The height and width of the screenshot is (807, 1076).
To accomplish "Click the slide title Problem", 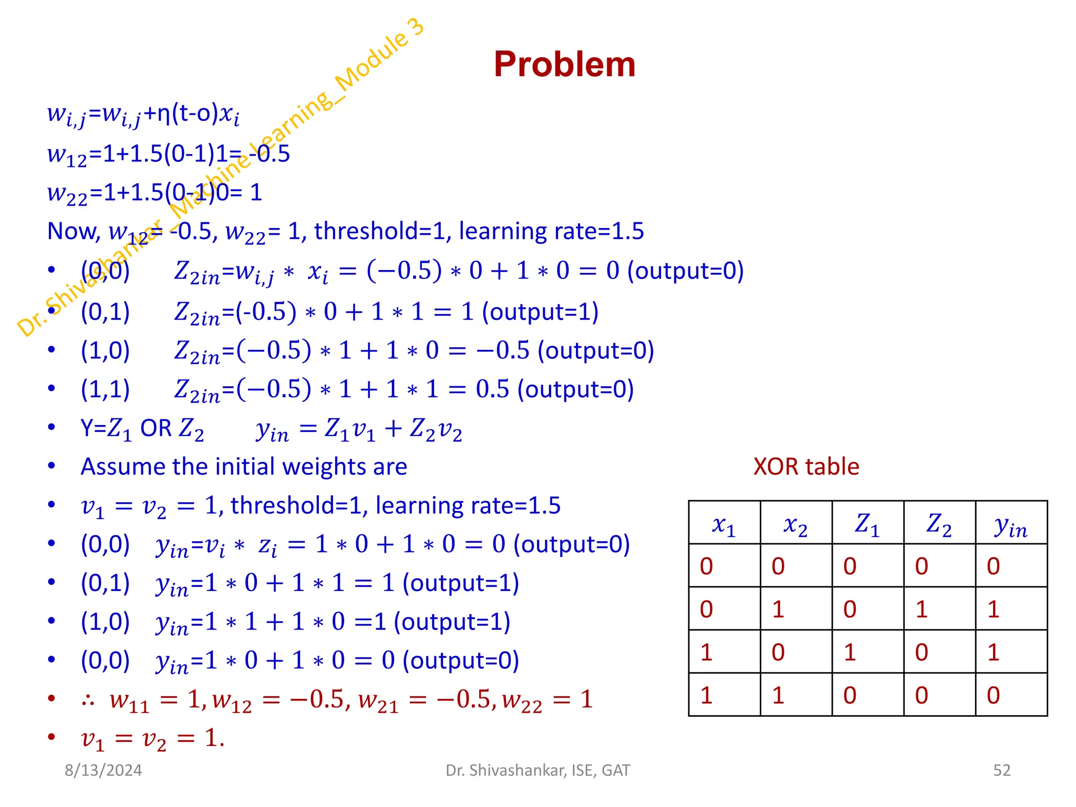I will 564,64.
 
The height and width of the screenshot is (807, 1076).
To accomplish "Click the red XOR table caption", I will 806,467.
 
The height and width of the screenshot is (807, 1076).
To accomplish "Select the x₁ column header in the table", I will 723,524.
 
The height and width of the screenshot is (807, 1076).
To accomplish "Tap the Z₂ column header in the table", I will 939,524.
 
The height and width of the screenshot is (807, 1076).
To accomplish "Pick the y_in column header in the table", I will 1010,525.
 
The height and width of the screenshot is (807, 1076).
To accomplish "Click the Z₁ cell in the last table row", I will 850,695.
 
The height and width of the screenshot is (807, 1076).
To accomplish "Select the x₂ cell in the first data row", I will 778,566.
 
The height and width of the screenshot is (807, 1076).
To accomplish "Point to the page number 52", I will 1001,770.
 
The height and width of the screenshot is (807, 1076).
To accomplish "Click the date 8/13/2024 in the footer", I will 103,770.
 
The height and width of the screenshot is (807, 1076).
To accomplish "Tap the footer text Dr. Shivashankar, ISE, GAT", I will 537,770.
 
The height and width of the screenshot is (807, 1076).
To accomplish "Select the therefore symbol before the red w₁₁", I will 88,700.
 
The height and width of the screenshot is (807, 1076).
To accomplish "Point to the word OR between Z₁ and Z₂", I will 156,428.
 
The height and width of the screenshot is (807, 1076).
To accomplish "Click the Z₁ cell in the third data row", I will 850,652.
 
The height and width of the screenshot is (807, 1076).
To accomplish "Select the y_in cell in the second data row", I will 993,609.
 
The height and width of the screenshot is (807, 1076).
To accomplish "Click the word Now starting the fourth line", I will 72,231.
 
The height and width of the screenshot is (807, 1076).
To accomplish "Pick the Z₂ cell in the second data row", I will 922,609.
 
